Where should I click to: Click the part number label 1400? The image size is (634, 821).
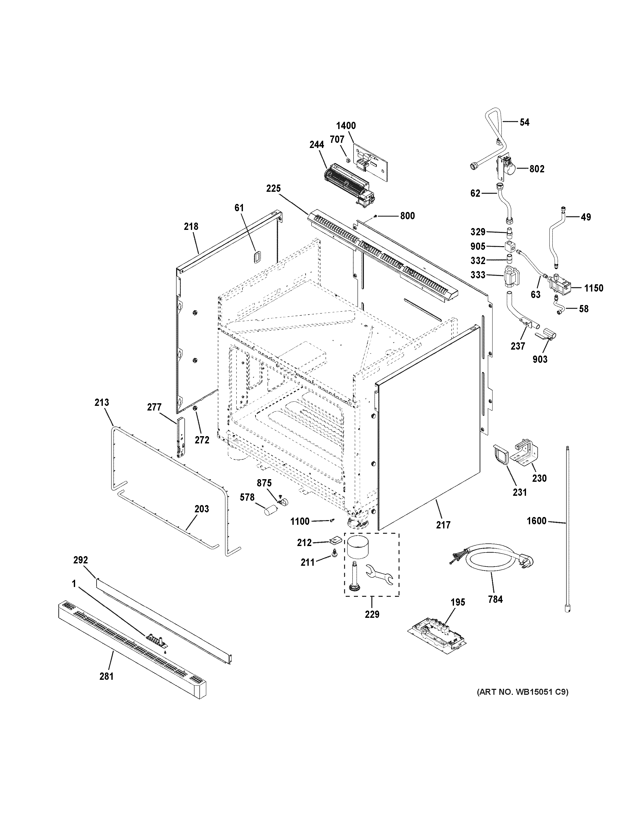pyautogui.click(x=345, y=125)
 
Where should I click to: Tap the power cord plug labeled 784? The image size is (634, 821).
pyautogui.click(x=524, y=563)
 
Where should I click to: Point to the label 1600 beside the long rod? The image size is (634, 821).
pyautogui.click(x=536, y=521)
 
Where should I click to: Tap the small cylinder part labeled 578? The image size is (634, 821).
pyautogui.click(x=270, y=511)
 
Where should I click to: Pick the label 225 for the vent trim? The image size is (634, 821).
pyautogui.click(x=273, y=189)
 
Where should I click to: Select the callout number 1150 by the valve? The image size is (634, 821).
pyautogui.click(x=593, y=288)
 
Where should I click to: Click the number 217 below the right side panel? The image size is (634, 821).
pyautogui.click(x=443, y=525)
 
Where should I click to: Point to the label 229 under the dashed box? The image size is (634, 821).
pyautogui.click(x=372, y=614)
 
